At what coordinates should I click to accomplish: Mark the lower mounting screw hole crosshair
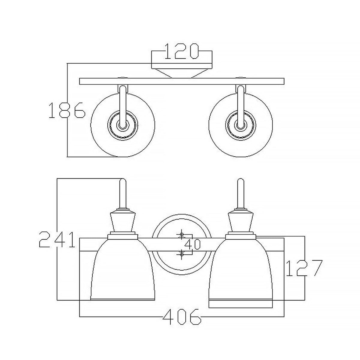(x=181, y=254)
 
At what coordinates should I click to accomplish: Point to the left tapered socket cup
(x=122, y=222)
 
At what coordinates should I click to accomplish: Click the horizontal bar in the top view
(x=182, y=81)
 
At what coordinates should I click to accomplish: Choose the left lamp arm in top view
(x=122, y=105)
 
